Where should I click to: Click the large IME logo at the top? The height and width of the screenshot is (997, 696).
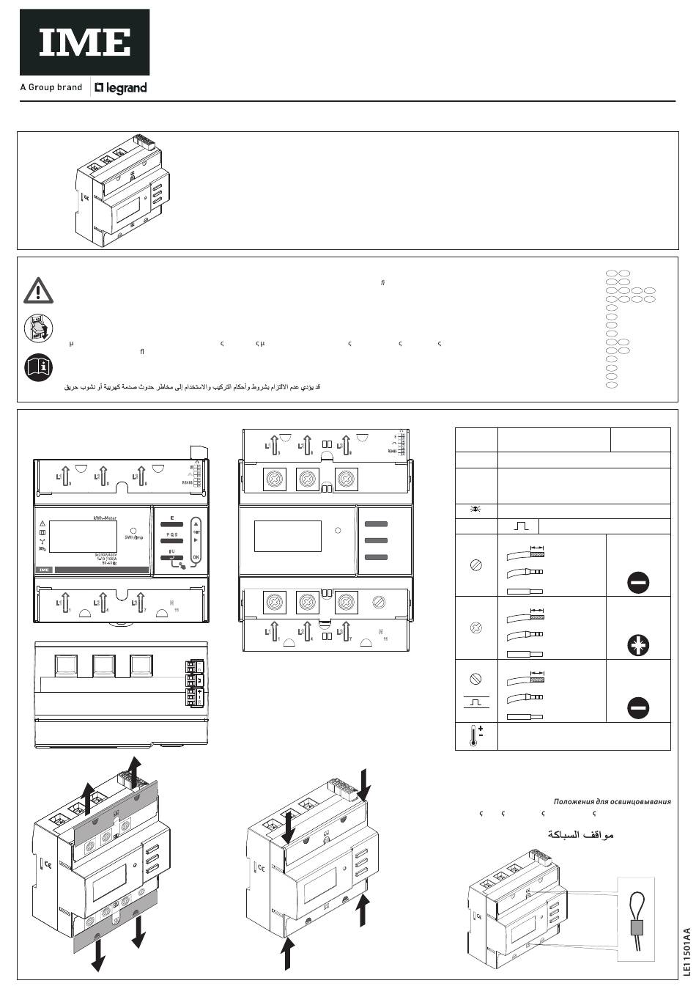coord(84,43)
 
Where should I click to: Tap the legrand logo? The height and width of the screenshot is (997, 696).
coord(121,88)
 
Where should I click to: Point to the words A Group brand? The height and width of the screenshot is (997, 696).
coord(51,87)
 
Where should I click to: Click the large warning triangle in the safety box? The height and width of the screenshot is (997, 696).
coord(38,290)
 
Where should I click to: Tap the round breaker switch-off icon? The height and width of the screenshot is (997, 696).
coord(38,327)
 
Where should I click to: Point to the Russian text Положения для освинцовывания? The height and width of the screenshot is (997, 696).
coord(612,801)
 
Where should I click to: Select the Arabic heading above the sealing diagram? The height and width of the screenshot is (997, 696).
coord(581,835)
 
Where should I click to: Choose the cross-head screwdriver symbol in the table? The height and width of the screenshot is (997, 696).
coord(638,646)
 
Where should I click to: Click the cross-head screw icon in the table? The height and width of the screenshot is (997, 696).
coord(476,628)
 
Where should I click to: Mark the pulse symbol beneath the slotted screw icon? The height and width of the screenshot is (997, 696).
coord(476,702)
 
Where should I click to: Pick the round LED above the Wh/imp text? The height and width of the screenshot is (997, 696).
coord(133,529)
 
